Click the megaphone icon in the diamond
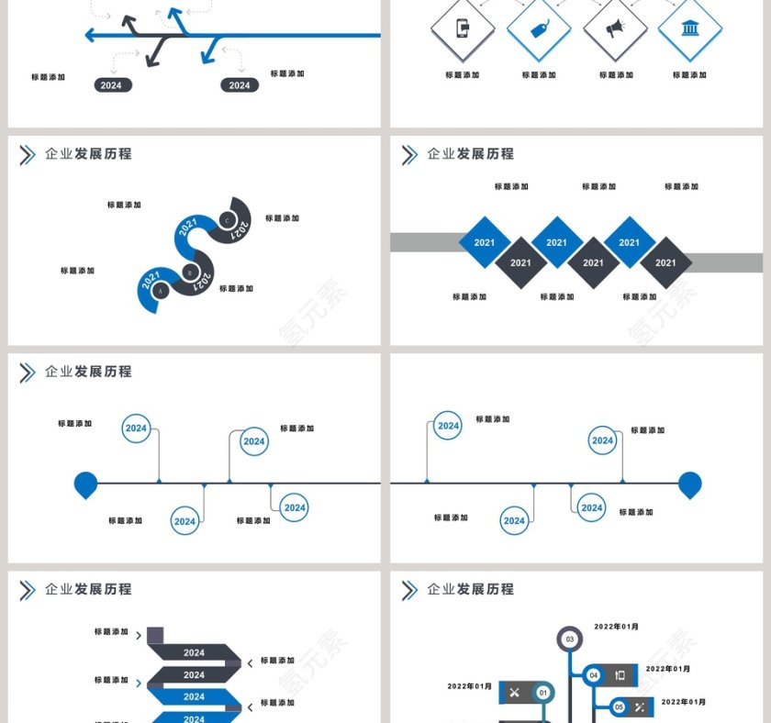click(614, 28)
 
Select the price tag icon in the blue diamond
click(539, 28)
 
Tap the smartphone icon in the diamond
click(463, 28)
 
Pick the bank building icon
click(689, 28)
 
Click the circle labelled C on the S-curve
click(227, 219)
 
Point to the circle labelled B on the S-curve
click(190, 272)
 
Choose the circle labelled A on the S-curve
click(160, 291)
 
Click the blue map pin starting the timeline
click(85, 484)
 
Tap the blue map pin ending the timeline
click(690, 484)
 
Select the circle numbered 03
click(570, 639)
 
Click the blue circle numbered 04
click(593, 675)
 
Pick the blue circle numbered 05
click(619, 706)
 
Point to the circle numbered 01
click(542, 693)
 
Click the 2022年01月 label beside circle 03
click(616, 627)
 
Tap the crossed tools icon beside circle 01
click(514, 693)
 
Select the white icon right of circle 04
click(620, 675)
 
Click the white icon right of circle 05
click(641, 706)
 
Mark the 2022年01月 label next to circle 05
click(684, 702)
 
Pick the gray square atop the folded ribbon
click(155, 634)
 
